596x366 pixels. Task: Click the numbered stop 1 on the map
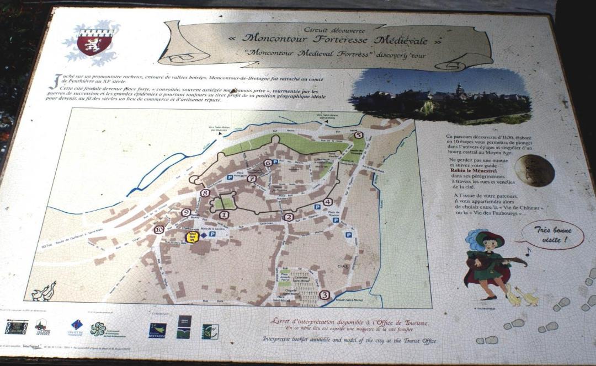pyautogui.click(x=223, y=215)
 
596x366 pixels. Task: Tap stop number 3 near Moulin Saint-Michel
pyautogui.click(x=324, y=295)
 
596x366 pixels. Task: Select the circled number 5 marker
pyautogui.click(x=358, y=135)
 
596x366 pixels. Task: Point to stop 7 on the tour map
pyautogui.click(x=252, y=179)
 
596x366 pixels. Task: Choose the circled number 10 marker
pyautogui.click(x=159, y=230)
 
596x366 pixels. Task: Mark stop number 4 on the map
pyautogui.click(x=328, y=202)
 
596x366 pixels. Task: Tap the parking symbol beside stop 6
pyautogui.click(x=275, y=162)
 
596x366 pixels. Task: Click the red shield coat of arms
pyautogui.click(x=94, y=42)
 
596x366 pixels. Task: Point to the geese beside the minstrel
pyautogui.click(x=521, y=297)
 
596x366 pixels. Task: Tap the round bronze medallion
pyautogui.click(x=534, y=170)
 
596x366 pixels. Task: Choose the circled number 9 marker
pyautogui.click(x=186, y=212)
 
